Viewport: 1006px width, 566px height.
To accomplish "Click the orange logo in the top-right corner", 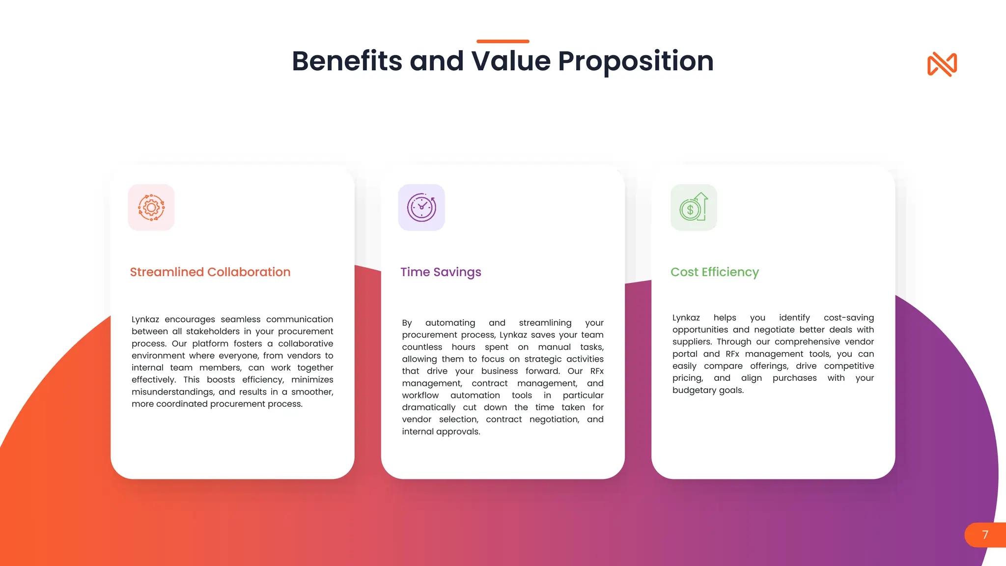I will pos(942,64).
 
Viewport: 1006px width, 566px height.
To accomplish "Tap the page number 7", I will pos(985,535).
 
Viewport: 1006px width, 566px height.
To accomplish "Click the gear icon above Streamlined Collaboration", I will pos(151,207).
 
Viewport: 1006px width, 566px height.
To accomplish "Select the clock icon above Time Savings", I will pos(421,207).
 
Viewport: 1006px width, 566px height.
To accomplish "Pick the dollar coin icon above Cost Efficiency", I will pos(693,207).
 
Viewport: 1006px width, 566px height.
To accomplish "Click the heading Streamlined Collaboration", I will pos(210,272).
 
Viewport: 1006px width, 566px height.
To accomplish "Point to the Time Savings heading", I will pos(441,272).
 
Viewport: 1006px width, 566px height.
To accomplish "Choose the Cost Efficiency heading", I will pos(714,272).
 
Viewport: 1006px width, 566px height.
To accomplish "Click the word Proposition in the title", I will pos(636,61).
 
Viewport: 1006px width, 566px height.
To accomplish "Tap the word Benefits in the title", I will pos(347,61).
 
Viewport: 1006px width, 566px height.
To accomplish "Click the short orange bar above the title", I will pos(503,41).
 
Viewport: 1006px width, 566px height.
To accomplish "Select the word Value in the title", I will pos(511,61).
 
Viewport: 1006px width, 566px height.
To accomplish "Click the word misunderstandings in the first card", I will pos(172,392).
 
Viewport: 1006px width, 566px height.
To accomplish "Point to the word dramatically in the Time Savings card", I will pos(428,407).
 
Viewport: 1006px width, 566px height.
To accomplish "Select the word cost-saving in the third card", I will pos(848,317).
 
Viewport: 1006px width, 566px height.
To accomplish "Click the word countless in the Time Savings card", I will pos(422,347).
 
